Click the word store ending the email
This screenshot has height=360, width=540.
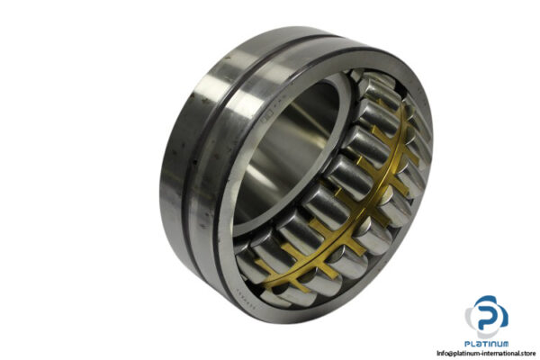coord(522,353)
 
